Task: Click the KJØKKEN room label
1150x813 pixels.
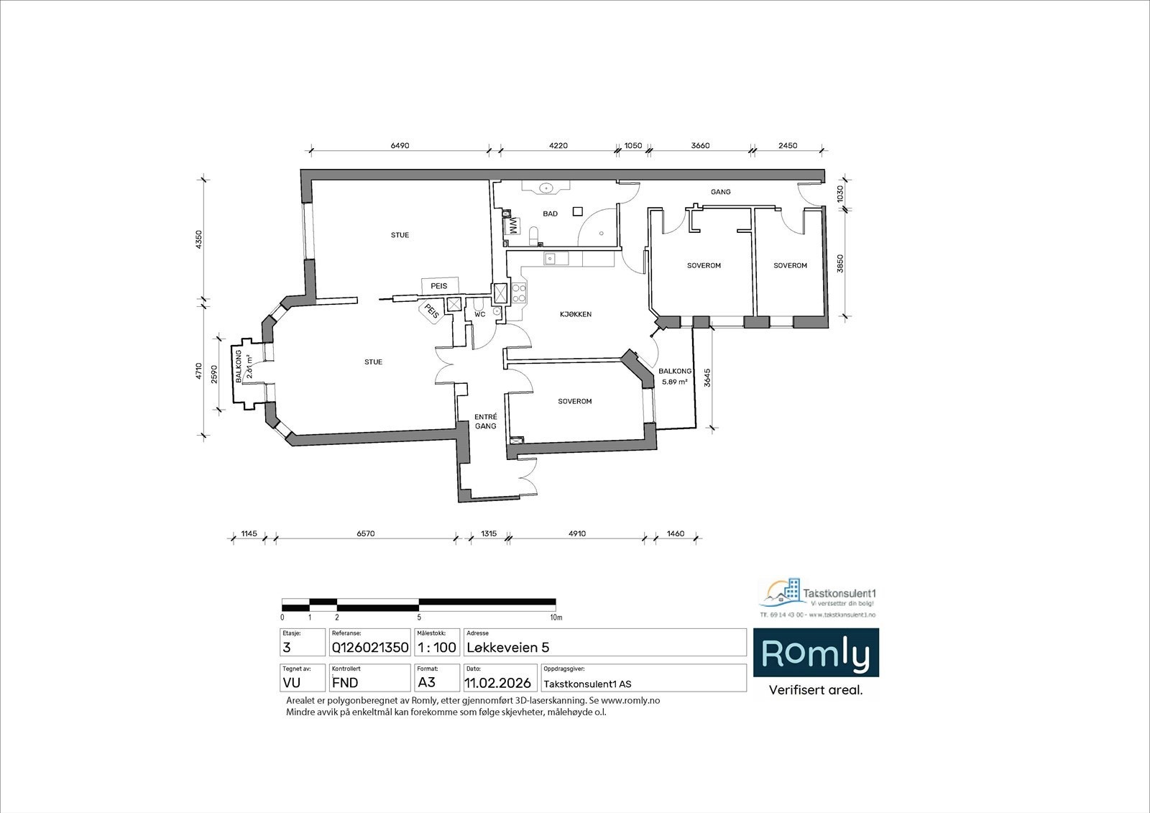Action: (x=576, y=314)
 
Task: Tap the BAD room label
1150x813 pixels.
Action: (x=551, y=213)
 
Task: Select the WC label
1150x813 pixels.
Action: (x=479, y=314)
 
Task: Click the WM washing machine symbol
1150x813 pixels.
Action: (x=513, y=226)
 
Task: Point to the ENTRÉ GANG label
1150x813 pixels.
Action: (x=486, y=421)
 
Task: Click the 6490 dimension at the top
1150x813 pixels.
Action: (x=400, y=146)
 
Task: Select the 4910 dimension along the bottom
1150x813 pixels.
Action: (x=577, y=534)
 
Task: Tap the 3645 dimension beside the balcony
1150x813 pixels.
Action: (x=707, y=379)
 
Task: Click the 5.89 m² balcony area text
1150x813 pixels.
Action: (x=674, y=382)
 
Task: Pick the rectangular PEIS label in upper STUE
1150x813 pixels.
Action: (x=439, y=285)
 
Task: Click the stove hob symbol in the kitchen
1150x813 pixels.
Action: (x=518, y=293)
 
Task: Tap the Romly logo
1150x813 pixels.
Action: (x=815, y=653)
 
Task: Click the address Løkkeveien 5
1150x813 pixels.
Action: (x=508, y=648)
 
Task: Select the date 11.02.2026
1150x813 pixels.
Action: (x=498, y=683)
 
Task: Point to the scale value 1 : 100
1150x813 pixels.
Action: (x=437, y=648)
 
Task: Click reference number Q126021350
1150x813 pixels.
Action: (x=369, y=648)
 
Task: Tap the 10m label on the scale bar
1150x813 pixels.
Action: (x=556, y=617)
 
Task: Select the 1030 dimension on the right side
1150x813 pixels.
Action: (x=840, y=193)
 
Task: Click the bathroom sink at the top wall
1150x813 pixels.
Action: (x=548, y=188)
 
